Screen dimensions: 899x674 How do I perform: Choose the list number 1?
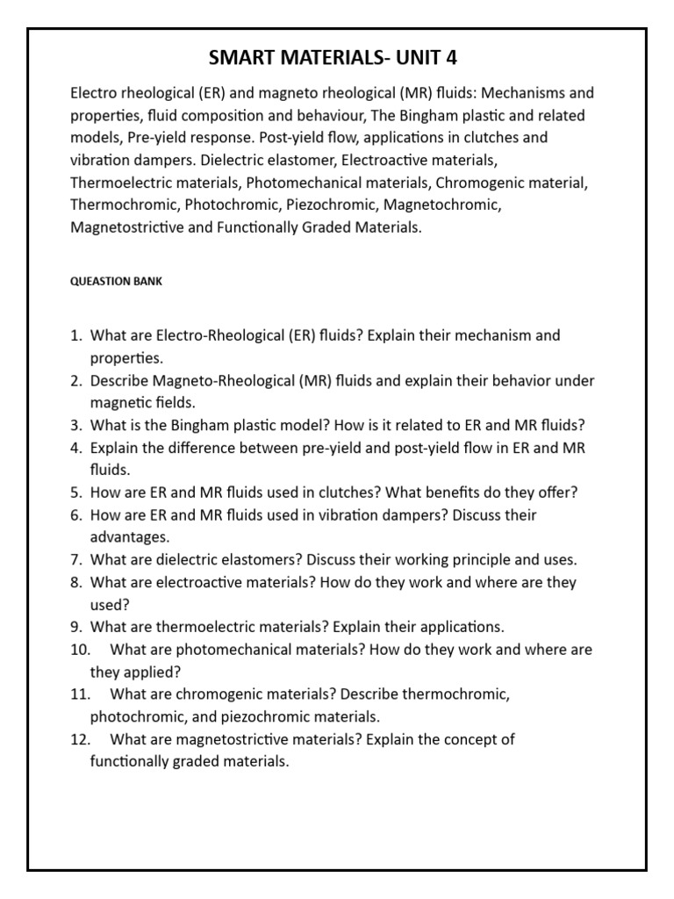pyautogui.click(x=75, y=335)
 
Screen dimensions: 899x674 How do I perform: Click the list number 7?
pyautogui.click(x=75, y=559)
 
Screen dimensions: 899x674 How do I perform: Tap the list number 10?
pyautogui.click(x=79, y=650)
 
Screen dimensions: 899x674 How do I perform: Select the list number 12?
pyautogui.click(x=79, y=739)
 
